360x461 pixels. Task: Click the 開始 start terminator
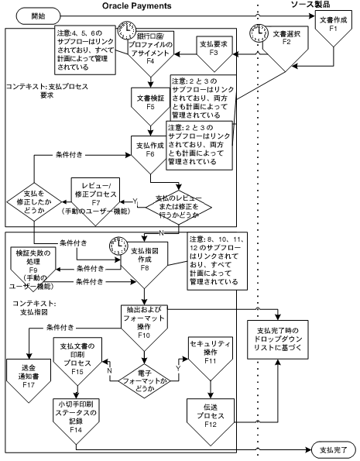28,16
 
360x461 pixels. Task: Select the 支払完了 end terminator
334,449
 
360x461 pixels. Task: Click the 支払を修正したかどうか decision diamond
33,201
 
